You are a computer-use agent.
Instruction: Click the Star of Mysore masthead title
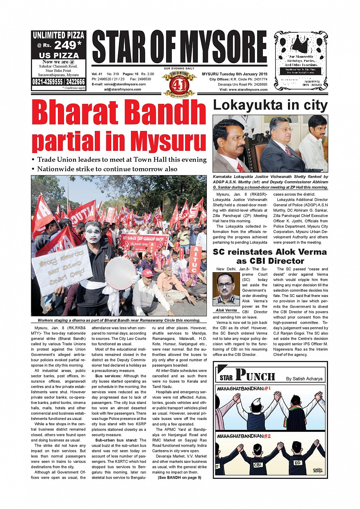click(x=179, y=48)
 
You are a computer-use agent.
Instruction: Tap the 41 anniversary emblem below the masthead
click(x=179, y=83)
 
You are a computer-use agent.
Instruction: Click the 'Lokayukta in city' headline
click(x=270, y=105)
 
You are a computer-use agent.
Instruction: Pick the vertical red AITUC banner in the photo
click(x=195, y=259)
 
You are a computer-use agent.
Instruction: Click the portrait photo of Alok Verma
click(x=226, y=289)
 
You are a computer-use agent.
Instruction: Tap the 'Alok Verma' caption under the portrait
click(x=226, y=310)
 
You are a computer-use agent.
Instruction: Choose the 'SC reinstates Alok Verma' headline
click(x=270, y=256)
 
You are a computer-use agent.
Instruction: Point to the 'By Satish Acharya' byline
click(x=304, y=378)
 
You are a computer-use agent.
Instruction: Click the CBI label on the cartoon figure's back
click(x=258, y=465)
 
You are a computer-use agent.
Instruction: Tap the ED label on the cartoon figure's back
click(x=298, y=463)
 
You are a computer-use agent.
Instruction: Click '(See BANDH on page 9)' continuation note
click(x=179, y=477)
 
